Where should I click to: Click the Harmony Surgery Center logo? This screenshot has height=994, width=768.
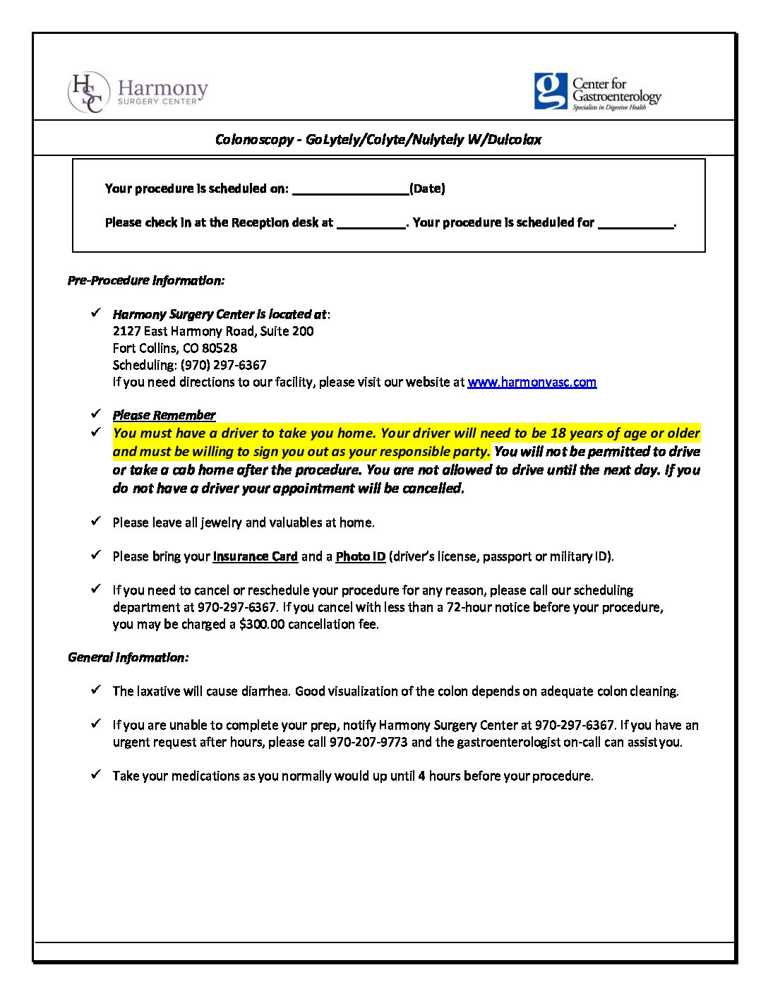138,92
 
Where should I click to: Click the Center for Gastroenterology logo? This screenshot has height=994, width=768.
597,92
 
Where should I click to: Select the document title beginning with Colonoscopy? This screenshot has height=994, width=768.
378,140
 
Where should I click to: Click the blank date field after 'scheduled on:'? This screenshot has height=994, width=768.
350,188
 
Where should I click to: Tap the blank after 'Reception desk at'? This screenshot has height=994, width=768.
371,222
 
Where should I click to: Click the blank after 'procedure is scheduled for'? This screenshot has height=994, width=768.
635,222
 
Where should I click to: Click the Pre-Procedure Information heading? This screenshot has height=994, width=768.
146,280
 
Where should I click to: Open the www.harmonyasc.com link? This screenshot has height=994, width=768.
532,382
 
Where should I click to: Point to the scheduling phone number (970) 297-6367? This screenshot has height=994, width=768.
223,365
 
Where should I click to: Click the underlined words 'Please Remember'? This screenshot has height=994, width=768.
164,415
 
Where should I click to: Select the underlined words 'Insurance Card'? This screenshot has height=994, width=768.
256,556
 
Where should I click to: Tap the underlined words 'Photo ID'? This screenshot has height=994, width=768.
361,556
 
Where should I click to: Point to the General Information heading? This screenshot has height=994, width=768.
128,657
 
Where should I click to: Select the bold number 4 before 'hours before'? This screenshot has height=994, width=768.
421,776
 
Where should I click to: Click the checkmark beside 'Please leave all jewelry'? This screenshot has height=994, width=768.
96,521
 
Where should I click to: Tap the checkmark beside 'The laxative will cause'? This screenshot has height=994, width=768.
96,690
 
